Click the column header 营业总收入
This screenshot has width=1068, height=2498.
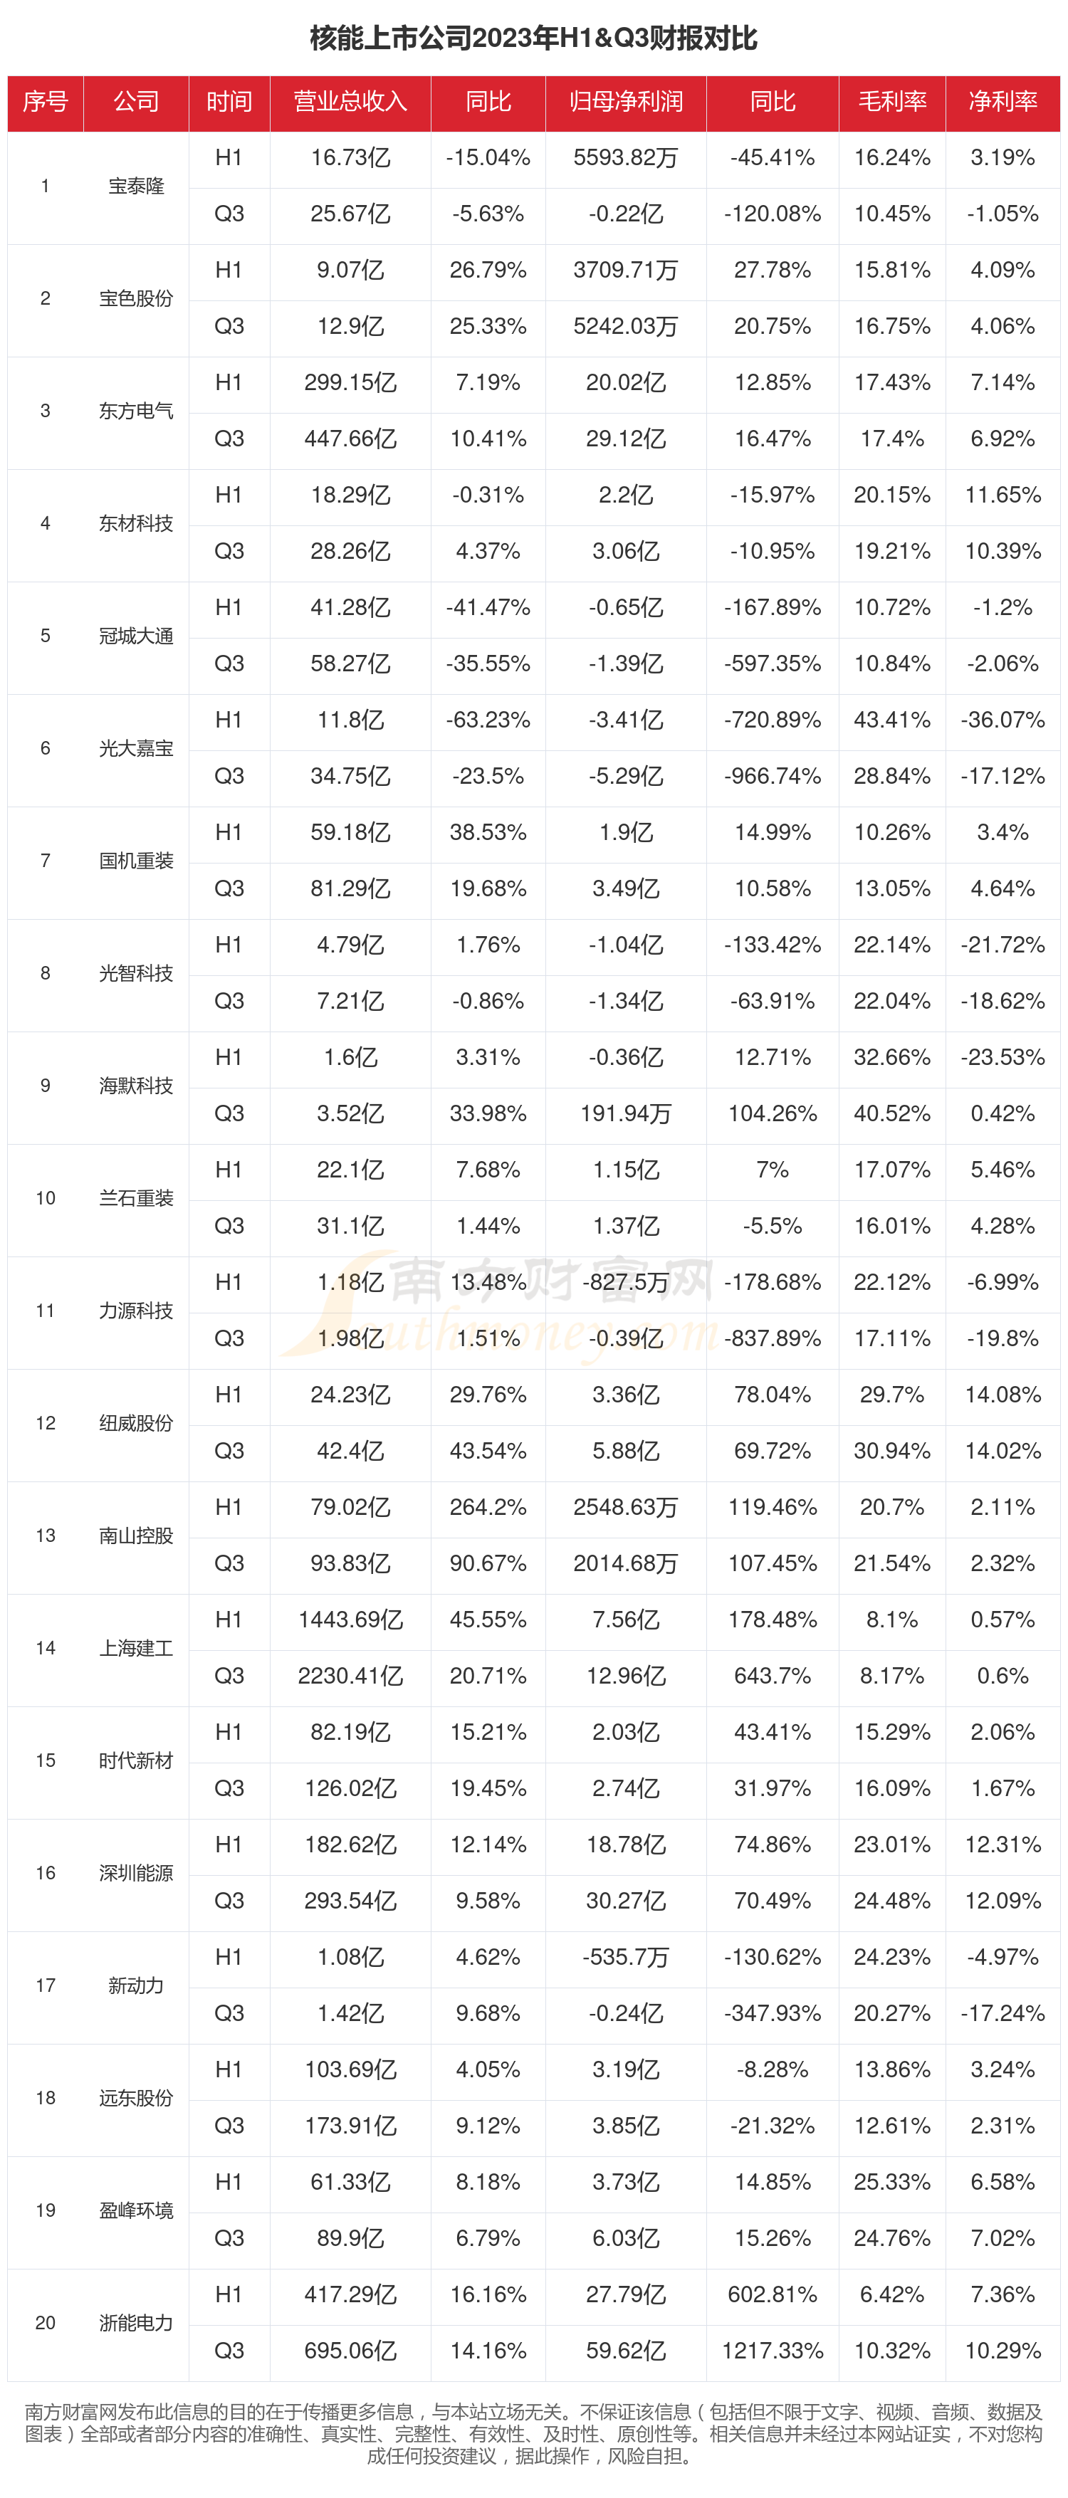tap(350, 102)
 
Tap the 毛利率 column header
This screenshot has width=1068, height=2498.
tap(891, 102)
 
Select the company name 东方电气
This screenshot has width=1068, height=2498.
tap(136, 411)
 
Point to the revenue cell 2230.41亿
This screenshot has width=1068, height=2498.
tap(350, 1676)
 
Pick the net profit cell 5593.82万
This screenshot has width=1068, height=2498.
tap(626, 158)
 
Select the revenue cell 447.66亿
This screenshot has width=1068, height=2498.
tap(350, 439)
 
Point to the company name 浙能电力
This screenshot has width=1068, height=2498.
tap(136, 2321)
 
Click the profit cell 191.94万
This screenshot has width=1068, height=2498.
tap(626, 1113)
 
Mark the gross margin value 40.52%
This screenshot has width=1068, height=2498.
tap(891, 1113)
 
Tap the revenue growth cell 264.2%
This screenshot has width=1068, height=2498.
tap(488, 1507)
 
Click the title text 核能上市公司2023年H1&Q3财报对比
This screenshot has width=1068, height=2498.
tap(533, 38)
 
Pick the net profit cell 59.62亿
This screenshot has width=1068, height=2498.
tap(626, 2350)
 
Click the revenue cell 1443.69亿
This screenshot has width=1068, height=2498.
tap(350, 1620)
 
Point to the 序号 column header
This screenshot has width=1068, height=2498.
tap(46, 102)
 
